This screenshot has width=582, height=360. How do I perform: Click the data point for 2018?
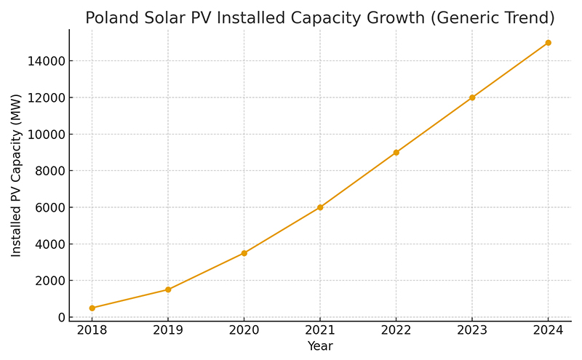(92, 308)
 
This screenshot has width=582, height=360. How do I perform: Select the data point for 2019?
(168, 289)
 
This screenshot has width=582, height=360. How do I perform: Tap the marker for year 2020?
(244, 253)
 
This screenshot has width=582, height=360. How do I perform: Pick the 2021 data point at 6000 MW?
(320, 207)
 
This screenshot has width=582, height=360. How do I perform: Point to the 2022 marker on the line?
(396, 153)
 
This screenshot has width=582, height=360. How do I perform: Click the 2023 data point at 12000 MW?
(472, 97)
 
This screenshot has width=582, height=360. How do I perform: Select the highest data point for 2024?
(548, 43)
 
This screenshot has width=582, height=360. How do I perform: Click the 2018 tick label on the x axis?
(92, 331)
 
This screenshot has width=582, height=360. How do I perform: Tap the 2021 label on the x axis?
(320, 331)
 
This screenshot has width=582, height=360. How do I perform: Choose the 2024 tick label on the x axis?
(548, 331)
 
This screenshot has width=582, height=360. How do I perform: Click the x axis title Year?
(320, 346)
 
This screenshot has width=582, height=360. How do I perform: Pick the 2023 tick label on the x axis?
(472, 331)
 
